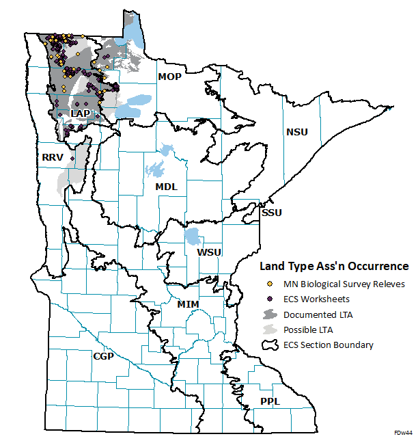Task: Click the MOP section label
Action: coord(169,77)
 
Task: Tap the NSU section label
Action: coord(297,131)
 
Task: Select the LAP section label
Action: coord(81,113)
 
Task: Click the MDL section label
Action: coord(166,187)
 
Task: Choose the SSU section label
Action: coord(271,213)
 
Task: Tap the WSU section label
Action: coord(209,253)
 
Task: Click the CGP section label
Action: coord(103,356)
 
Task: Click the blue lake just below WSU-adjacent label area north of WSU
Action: coord(193,237)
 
